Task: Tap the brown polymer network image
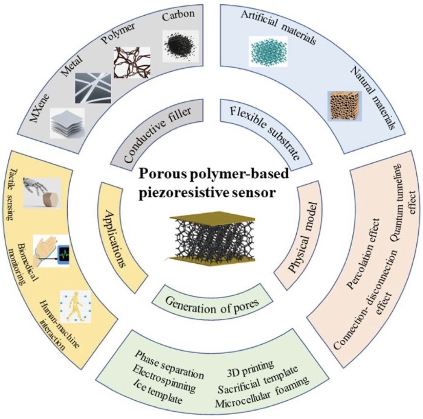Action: pyautogui.click(x=132, y=65)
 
